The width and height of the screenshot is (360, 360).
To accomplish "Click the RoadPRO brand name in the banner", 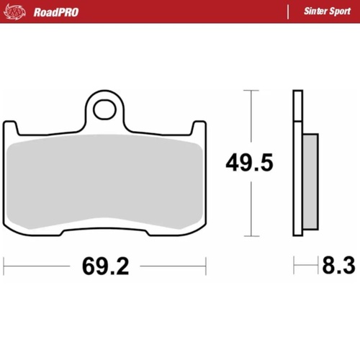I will coord(56,12).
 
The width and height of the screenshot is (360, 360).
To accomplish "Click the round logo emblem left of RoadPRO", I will coord(18,12).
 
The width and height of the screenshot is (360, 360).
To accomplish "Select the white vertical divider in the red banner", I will coord(287,12).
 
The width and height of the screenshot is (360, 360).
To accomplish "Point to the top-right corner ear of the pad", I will coord(201,130).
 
